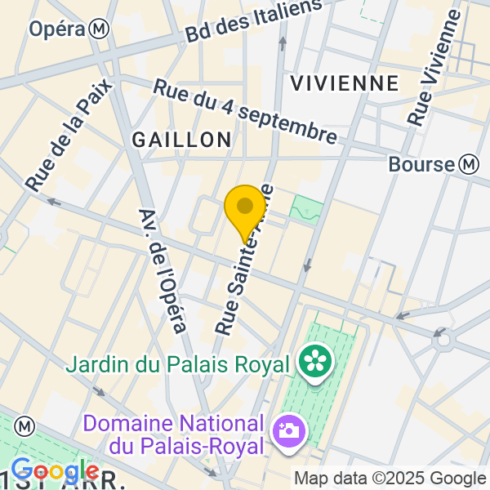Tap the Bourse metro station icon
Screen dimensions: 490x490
[469, 164]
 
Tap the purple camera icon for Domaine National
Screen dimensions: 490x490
[289, 430]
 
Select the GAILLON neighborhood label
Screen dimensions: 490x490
[182, 140]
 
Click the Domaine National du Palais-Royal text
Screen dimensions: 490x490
[175, 435]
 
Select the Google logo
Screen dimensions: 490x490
[54, 471]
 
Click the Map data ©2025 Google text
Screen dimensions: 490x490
[390, 479]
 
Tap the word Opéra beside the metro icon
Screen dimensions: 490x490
[57, 29]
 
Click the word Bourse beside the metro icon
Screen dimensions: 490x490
[421, 164]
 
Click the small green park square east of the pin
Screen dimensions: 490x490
[306, 208]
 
